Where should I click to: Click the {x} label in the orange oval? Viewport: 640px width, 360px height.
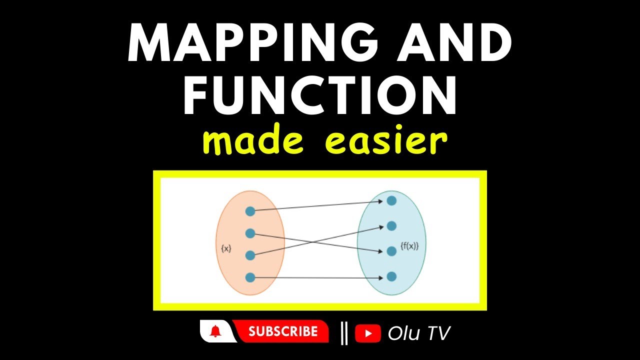226,248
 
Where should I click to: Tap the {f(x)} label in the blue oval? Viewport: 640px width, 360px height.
409,245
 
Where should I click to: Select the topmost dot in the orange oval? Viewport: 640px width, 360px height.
250,211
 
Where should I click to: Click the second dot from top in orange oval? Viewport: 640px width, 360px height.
250,233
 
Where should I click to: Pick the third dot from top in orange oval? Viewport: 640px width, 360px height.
250,255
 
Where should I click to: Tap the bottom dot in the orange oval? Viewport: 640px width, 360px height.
250,277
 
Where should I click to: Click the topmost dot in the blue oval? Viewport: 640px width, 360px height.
391,200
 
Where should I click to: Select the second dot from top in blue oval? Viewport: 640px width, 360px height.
391,226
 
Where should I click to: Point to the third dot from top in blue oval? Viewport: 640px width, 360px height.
391,251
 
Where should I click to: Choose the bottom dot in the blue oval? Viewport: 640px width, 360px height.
391,276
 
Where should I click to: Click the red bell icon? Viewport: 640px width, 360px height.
215,331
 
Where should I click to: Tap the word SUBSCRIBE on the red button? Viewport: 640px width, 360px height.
283,331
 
